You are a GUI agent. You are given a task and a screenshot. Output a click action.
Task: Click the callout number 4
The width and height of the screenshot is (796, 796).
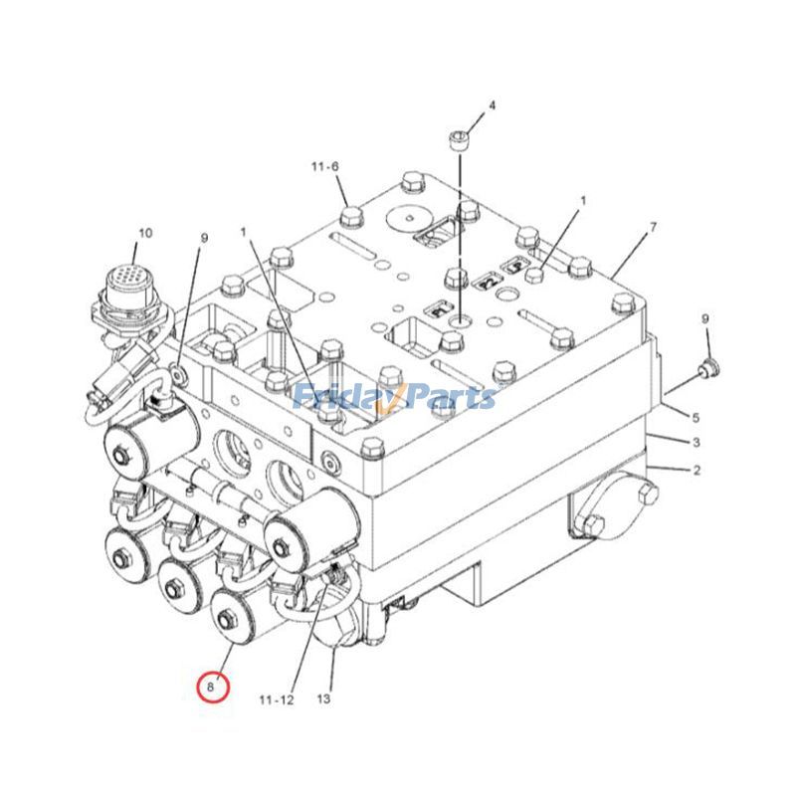pos(491,105)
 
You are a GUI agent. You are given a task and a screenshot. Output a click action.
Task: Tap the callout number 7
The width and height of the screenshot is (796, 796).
pos(653,228)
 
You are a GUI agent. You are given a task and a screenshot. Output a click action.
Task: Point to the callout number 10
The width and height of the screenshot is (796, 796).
pos(145,234)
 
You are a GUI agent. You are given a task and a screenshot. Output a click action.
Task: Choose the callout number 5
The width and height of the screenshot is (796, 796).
pos(696,417)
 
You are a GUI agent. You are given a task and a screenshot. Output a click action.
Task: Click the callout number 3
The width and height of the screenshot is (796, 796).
pos(696,442)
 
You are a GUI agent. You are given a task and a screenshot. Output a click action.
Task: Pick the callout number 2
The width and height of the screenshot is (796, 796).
pos(696,470)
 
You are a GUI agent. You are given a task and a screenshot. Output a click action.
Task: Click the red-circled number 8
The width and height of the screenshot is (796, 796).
pos(212,687)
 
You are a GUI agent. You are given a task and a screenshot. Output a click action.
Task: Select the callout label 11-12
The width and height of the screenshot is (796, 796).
pos(277,699)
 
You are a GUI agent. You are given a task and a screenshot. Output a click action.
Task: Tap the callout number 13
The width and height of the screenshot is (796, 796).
pos(323,699)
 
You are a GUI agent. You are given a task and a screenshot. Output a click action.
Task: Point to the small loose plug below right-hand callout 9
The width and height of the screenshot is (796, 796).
pos(708,369)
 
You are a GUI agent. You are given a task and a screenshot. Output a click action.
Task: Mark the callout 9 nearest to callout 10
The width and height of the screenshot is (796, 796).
pos(205,239)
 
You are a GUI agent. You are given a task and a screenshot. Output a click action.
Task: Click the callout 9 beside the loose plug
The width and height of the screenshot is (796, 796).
pos(705,319)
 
